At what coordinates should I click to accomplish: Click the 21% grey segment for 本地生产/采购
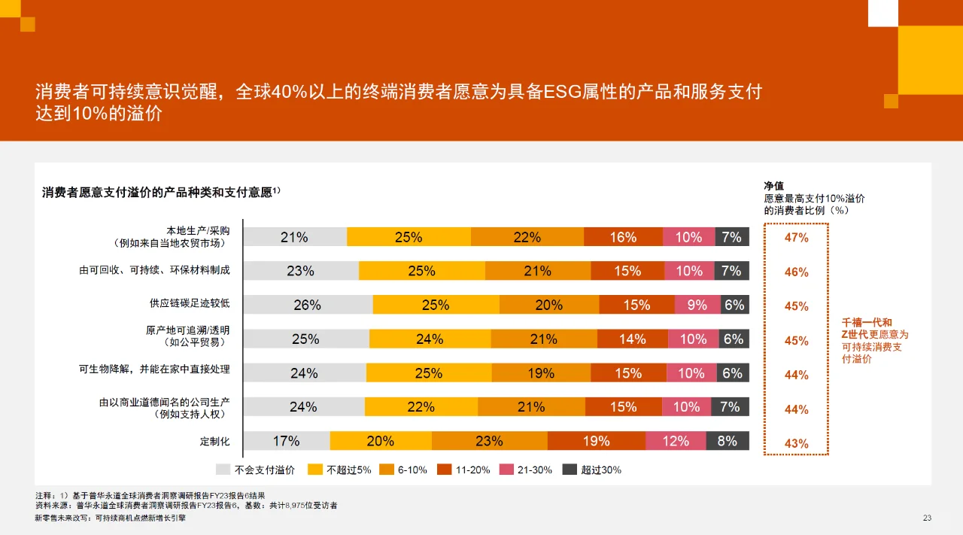point(294,237)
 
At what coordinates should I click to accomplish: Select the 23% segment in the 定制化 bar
point(489,442)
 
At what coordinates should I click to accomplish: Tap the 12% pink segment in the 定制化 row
point(676,442)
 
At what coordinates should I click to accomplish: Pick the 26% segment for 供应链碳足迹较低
point(307,305)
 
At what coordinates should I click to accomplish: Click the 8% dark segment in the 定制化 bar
point(728,442)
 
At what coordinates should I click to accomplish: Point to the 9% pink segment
point(697,305)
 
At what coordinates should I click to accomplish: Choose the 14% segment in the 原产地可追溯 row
point(633,339)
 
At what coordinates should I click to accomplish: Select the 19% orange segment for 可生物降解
point(541,373)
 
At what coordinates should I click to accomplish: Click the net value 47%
point(796,238)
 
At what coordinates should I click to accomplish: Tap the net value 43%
point(796,444)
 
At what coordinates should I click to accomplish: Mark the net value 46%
point(796,272)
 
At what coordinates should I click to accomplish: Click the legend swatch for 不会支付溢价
point(223,470)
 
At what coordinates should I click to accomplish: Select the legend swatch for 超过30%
point(570,470)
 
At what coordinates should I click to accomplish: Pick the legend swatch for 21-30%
point(506,470)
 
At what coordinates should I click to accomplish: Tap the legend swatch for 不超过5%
point(315,470)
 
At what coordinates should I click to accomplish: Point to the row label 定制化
point(214,442)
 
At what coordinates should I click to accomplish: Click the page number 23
point(927,518)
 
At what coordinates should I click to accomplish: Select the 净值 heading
point(774,186)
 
